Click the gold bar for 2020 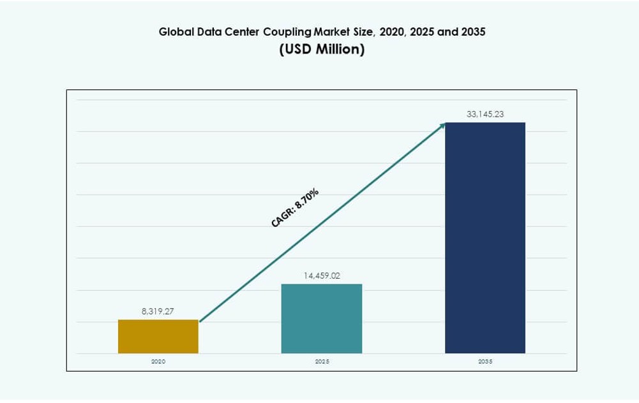[158, 336]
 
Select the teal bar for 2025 [322, 318]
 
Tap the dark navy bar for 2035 [485, 237]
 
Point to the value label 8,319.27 [158, 311]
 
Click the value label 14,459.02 [322, 275]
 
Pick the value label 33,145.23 [485, 114]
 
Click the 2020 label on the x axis [158, 362]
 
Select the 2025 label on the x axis [322, 362]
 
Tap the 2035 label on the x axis [485, 362]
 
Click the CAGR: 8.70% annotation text [295, 207]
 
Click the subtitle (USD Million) [322, 50]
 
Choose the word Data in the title [206, 32]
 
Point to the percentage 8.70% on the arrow [306, 199]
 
